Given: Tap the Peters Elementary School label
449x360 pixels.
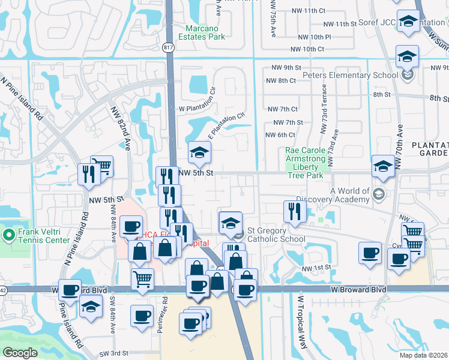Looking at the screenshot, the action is pyautogui.click(x=351, y=75).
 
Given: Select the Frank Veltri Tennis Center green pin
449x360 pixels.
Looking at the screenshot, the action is pyautogui.click(x=8, y=233).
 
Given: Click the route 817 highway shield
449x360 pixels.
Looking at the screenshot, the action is pyautogui.click(x=169, y=46).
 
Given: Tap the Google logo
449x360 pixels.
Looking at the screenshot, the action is pyautogui.click(x=20, y=353).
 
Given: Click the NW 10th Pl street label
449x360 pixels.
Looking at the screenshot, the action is pyautogui.click(x=310, y=37).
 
